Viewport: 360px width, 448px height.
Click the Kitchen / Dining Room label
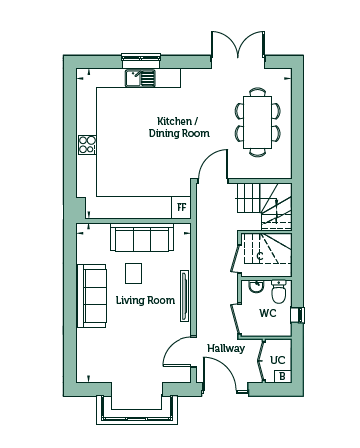180,127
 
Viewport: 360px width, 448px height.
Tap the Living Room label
145,300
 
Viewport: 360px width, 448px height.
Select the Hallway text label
226,348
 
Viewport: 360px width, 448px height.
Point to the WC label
268,313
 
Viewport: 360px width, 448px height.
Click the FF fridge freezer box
181,207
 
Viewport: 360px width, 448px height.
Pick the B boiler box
282,376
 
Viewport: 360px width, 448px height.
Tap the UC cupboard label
278,360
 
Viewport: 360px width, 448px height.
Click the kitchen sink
140,78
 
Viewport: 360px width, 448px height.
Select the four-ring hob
87,145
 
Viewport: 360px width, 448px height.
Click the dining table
257,122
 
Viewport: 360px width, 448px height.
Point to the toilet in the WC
278,292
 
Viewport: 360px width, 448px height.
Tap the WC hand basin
256,286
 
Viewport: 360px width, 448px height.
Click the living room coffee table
133,273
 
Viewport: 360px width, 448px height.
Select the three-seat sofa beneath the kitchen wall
142,237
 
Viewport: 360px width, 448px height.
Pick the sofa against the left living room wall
92,296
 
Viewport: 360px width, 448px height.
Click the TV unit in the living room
184,296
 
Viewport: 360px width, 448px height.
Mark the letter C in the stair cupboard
260,256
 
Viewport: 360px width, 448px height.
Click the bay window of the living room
137,410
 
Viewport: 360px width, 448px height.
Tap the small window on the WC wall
298,315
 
